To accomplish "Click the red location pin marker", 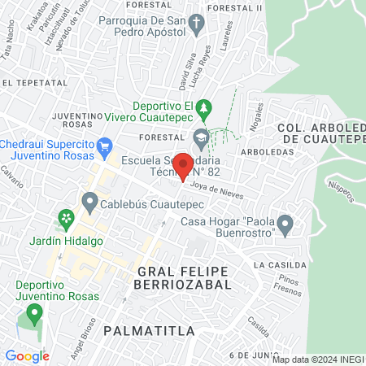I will click(x=184, y=165).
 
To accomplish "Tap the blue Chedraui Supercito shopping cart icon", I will click(x=103, y=147).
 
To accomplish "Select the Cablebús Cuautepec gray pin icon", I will click(x=90, y=200).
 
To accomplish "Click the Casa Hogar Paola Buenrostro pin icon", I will click(x=285, y=223).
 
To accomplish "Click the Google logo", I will click(x=27, y=355).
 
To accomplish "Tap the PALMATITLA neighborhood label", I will click(x=150, y=331).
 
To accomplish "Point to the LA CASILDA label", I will click(x=280, y=265).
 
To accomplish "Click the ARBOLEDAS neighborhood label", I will click(x=267, y=151).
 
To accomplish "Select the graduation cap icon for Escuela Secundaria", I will click(x=201, y=137).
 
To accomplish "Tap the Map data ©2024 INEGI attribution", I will click(x=318, y=359).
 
